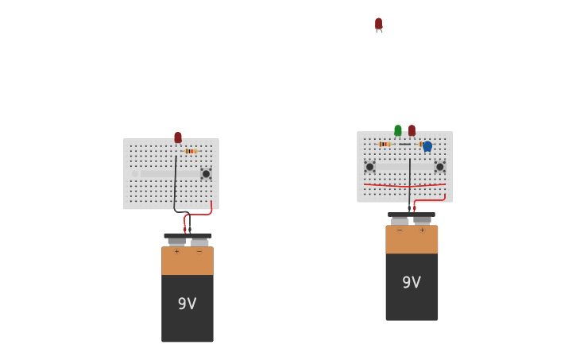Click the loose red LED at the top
[378, 24]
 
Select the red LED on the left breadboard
[178, 137]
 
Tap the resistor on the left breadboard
[191, 151]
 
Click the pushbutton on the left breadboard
[206, 173]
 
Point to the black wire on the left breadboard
[176, 183]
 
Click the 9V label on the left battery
[187, 304]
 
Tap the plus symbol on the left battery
[176, 251]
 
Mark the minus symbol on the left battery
[199, 251]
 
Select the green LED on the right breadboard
[398, 130]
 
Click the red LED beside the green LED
[412, 130]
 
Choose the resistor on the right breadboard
[385, 144]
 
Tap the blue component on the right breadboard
[427, 146]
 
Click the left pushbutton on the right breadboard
[369, 167]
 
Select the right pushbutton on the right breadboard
[439, 167]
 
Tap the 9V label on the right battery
[412, 282]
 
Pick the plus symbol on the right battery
[422, 230]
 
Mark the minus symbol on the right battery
[400, 230]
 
